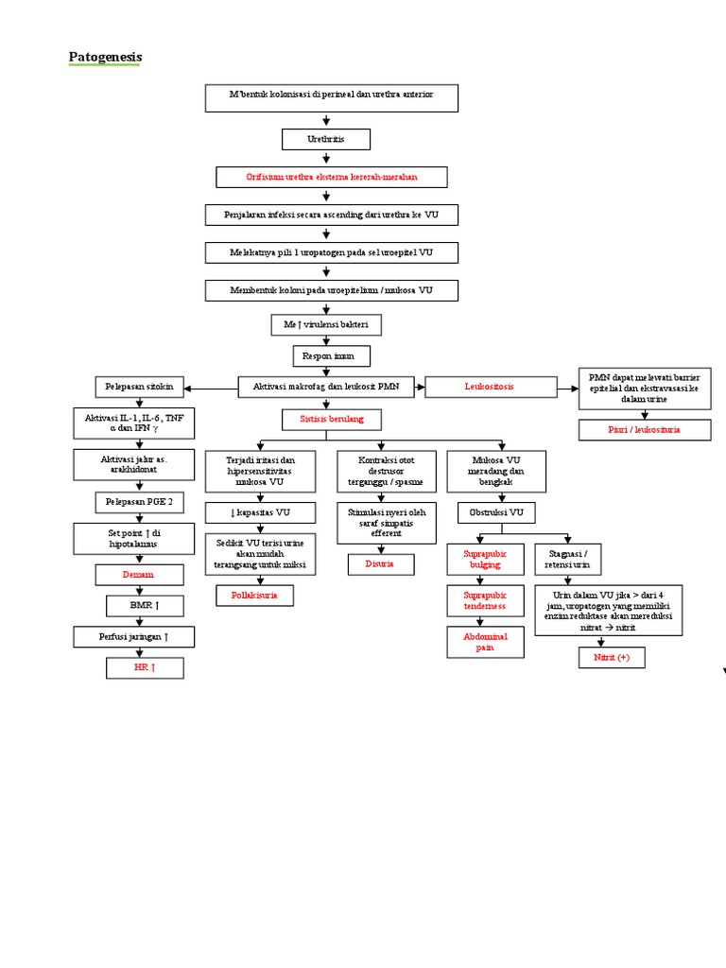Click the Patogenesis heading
point(105,58)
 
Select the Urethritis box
point(326,139)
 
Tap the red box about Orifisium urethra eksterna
point(331,177)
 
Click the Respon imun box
point(330,355)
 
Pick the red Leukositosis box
point(489,386)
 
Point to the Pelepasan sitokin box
point(139,387)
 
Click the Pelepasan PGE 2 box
point(135,501)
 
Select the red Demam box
point(135,574)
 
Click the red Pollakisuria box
point(254,596)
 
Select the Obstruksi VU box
point(496,512)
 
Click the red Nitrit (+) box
point(612,657)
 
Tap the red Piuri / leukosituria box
point(644,430)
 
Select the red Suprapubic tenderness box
point(485,600)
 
